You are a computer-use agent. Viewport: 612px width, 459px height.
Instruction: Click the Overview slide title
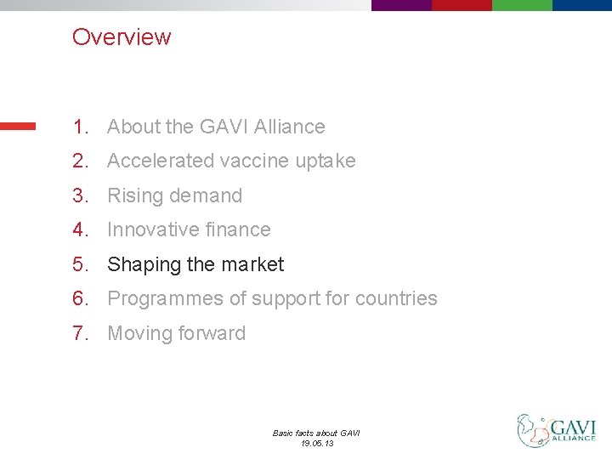[122, 37]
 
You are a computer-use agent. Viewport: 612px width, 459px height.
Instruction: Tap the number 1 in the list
[79, 127]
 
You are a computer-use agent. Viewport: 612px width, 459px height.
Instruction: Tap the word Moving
[138, 333]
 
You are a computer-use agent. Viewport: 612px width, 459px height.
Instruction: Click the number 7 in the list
[79, 333]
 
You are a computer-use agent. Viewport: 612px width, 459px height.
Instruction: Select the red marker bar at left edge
[18, 126]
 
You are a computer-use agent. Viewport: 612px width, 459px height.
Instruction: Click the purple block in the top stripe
[401, 5]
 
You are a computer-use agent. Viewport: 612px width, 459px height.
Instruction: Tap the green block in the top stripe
[522, 5]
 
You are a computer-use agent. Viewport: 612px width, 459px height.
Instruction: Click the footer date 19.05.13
[316, 443]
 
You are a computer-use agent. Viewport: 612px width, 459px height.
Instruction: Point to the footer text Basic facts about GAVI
[316, 433]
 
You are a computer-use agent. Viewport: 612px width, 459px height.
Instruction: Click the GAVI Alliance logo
[557, 430]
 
